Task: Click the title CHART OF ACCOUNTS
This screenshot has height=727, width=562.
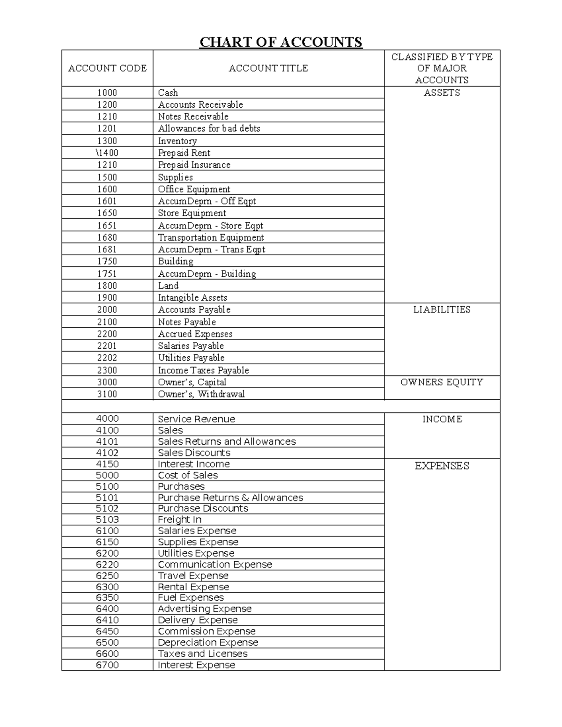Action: [281, 42]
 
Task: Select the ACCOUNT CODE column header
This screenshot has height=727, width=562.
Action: [107, 68]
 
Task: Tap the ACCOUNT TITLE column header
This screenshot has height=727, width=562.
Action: [268, 68]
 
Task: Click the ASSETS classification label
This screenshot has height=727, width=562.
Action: [442, 93]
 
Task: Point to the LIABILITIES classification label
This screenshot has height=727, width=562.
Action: [442, 309]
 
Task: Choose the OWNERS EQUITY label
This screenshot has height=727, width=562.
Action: [442, 382]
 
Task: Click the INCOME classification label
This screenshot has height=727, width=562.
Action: [442, 419]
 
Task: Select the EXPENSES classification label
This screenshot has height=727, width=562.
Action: [442, 466]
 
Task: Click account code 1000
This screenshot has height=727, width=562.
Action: [107, 93]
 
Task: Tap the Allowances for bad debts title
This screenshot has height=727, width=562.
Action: [209, 128]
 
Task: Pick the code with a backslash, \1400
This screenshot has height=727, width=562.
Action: [107, 153]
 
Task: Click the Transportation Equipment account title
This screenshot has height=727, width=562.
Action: [211, 237]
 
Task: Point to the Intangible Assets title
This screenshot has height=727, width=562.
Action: [192, 297]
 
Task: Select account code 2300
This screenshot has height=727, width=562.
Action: [107, 370]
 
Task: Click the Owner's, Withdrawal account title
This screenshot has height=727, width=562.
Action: [201, 394]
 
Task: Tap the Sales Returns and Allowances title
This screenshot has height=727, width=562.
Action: [227, 441]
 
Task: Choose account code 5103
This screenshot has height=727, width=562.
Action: [107, 520]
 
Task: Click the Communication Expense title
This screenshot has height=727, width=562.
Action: [214, 565]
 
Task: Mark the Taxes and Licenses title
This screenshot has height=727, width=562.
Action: [202, 654]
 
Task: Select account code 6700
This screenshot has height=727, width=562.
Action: [107, 665]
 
